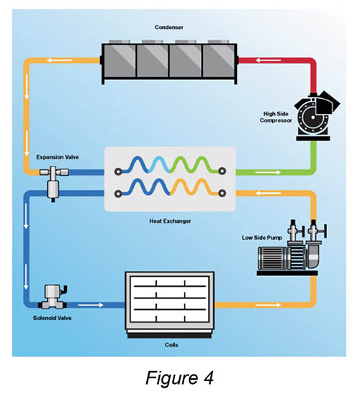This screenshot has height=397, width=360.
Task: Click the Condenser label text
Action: pos(168,27)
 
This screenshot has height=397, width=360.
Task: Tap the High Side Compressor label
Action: pos(276,117)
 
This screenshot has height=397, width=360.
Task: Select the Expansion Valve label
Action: pos(58,157)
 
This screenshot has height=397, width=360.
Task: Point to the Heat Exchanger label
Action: pos(170,221)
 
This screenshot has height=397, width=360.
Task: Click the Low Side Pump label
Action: pos(262,238)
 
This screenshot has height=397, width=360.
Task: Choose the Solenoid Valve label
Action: pos(52,318)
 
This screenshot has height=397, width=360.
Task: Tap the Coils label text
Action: pos(171,344)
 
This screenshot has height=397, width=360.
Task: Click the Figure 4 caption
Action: pos(179,378)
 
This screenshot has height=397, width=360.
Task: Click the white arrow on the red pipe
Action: pos(269,61)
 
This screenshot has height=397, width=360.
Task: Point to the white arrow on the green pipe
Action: pos(268,172)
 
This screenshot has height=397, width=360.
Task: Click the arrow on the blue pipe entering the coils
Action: pos(91,305)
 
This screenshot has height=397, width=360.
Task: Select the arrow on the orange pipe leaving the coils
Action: pos(268,305)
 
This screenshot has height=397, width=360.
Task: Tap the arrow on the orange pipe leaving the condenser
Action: pos(60,61)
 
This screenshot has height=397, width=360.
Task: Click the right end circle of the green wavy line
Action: pos(222,171)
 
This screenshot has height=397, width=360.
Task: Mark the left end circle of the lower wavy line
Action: pos(118,194)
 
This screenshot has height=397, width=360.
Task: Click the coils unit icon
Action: pos(170,305)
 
